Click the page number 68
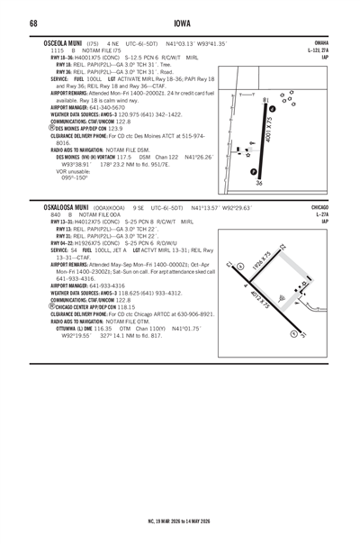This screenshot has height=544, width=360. pyautogui.click(x=32, y=21)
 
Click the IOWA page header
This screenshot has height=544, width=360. pyautogui.click(x=179, y=21)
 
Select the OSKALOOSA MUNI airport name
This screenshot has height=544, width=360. pyautogui.click(x=59, y=206)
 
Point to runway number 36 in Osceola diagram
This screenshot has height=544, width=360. pyautogui.click(x=259, y=184)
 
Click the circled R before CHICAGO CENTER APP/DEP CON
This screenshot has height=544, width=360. pyautogui.click(x=35, y=306)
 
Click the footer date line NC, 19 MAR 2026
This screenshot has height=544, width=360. pyautogui.click(x=179, y=519)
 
